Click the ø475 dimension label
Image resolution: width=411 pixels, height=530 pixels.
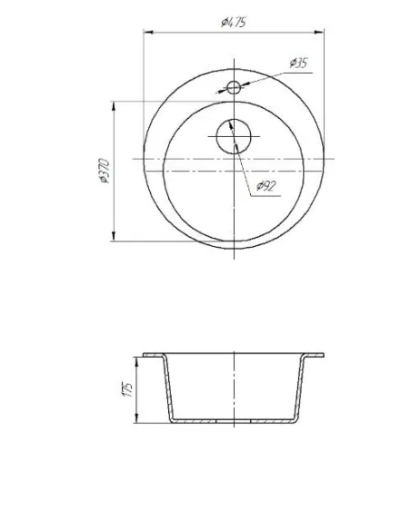point(234,23)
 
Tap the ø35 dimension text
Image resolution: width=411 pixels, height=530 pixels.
point(298,63)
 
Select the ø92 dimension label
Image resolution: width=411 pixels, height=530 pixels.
point(266,185)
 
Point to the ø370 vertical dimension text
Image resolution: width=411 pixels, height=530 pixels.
point(105,171)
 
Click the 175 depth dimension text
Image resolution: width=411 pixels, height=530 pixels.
point(127,389)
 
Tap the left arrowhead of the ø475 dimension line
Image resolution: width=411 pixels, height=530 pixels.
point(148,33)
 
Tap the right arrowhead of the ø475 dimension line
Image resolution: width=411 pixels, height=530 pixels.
point(319,33)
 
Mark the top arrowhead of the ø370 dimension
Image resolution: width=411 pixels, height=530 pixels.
point(114,106)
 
